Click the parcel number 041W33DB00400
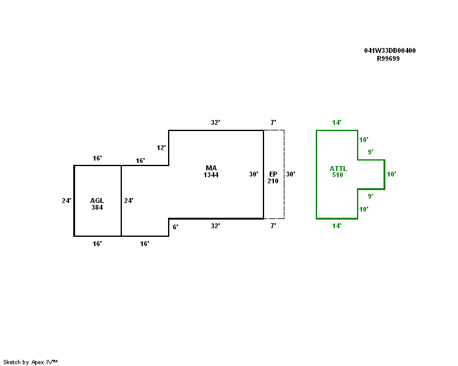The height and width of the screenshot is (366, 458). pos(390,50)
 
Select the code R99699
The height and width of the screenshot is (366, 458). pos(388,58)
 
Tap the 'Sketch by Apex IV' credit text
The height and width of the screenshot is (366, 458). pos(30,362)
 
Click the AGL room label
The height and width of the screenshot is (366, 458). pos(97,201)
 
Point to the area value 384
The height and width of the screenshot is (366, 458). pos(97,207)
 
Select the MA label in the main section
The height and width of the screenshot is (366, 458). pos(211,168)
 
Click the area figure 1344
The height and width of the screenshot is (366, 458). pos(211,175)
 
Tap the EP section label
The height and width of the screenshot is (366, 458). pos(273,174)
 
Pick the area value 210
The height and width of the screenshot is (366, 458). pos(273,181)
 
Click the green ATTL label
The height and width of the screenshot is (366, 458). pos(338,168)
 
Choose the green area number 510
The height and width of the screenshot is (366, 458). pos(338,175)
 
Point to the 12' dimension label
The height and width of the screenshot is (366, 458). pos(161,148)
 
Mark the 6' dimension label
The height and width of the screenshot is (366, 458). pos(175,227)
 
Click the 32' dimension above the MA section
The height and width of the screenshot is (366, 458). pos(215,122)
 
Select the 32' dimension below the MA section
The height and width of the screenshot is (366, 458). pos(215,226)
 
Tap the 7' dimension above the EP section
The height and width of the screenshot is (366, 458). pos(273,122)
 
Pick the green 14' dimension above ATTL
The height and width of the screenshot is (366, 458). pos(337,122)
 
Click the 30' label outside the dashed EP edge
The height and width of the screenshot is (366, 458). pos(291,174)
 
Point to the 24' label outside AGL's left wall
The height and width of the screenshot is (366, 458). pos(66,201)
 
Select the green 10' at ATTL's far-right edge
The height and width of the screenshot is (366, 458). pos(391,174)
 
